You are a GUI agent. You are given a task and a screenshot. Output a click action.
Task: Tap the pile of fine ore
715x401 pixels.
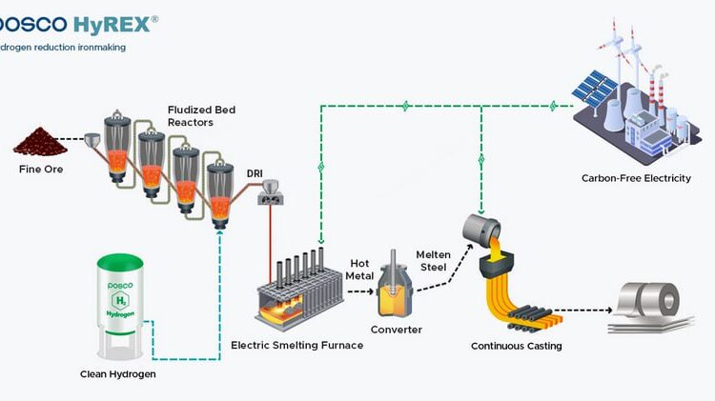(x=37, y=143)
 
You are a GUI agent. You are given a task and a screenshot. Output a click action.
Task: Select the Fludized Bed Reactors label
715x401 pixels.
(x=201, y=116)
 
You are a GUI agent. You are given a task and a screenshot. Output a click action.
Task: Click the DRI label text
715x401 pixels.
(x=255, y=172)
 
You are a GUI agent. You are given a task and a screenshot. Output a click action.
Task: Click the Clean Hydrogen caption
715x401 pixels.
(x=118, y=374)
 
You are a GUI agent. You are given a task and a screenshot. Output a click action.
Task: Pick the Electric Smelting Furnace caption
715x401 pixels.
(x=297, y=345)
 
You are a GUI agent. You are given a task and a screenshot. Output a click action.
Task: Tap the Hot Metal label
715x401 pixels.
(x=359, y=270)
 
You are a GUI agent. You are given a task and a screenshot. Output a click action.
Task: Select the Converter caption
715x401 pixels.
(x=397, y=331)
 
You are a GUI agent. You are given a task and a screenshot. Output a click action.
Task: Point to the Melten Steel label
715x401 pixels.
(x=433, y=260)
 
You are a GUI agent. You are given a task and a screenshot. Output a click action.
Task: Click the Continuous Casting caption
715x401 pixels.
(x=516, y=346)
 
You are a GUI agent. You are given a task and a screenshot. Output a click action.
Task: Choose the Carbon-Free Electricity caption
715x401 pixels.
(x=636, y=178)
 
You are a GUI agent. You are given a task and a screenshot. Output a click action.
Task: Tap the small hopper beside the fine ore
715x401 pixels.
(x=93, y=142)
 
